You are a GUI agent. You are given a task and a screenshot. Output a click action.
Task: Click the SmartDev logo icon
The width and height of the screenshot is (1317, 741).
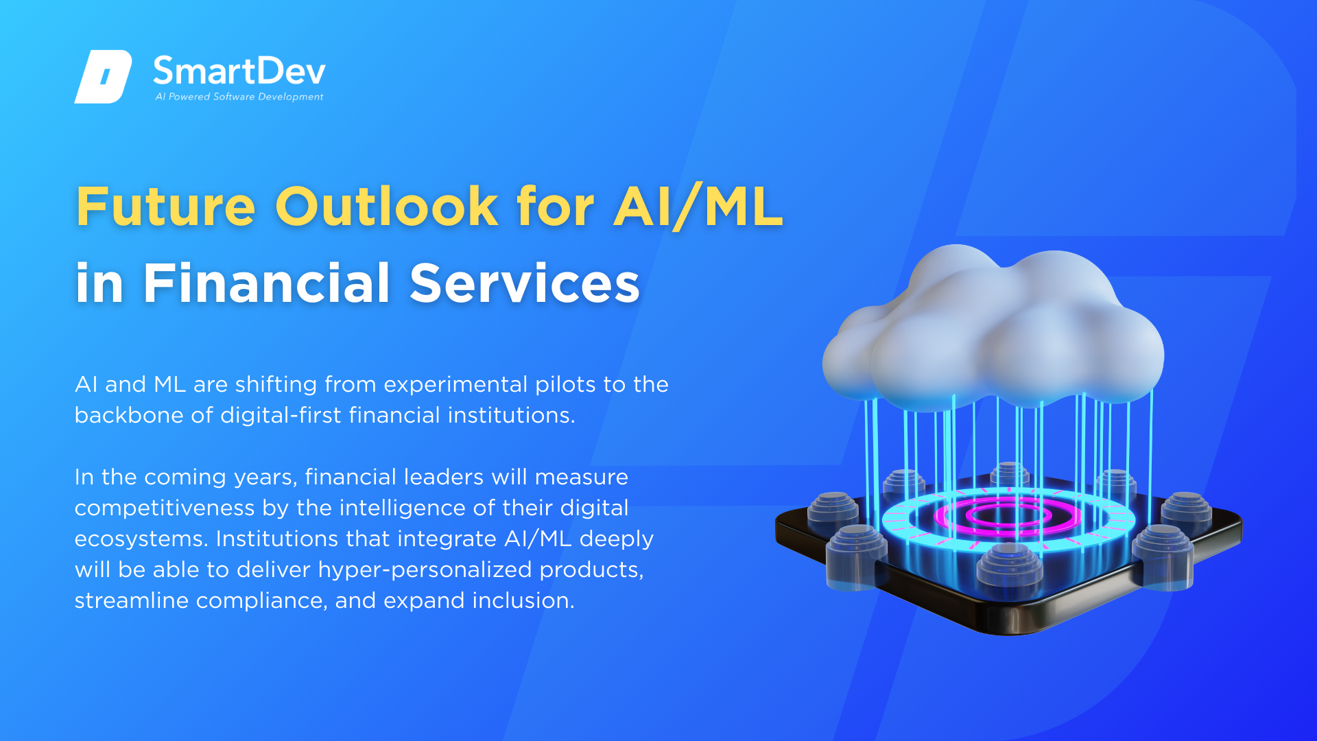coord(103,77)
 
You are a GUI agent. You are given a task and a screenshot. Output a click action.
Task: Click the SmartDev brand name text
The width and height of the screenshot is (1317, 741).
coord(239,71)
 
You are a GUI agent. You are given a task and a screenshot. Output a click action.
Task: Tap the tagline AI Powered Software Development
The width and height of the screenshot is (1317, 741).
coord(239,97)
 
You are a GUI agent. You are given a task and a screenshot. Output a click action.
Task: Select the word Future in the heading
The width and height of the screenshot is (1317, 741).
coord(165,207)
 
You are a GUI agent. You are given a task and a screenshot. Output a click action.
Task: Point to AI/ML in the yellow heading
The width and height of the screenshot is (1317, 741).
coord(698,207)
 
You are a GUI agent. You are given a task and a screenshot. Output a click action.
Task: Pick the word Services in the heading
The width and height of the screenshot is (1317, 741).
coord(525,283)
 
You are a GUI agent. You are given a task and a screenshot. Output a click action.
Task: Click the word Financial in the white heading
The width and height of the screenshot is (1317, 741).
coord(267,283)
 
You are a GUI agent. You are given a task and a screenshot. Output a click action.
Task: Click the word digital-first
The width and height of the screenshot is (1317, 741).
coord(281,415)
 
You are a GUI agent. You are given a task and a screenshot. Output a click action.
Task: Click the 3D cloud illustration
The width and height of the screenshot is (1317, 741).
coord(993,329)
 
